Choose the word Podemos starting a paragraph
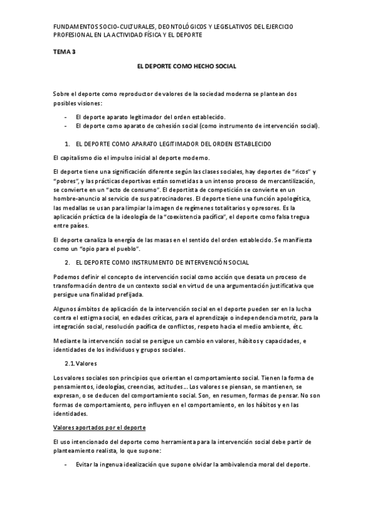coord(67,276)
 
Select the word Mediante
coord(67,341)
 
